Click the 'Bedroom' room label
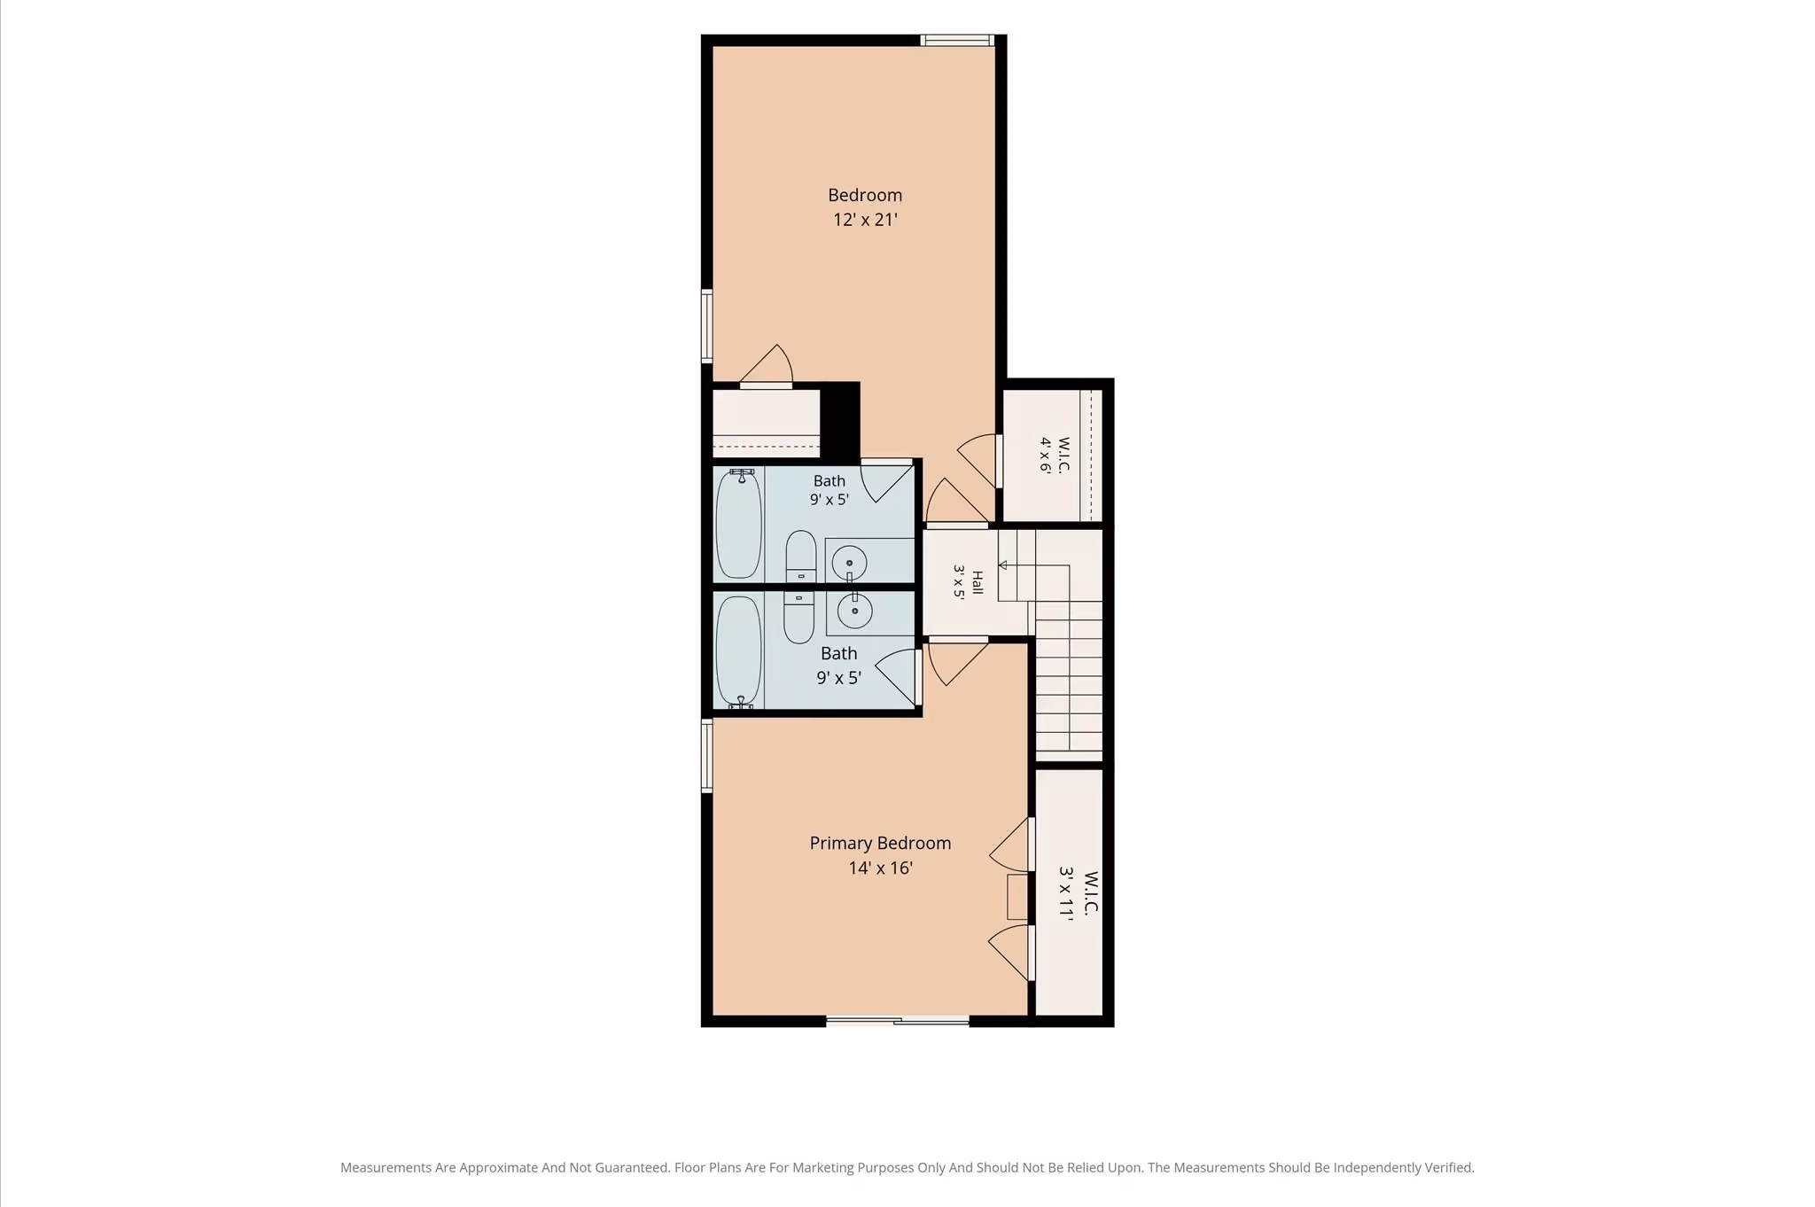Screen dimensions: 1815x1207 pyautogui.click(x=865, y=195)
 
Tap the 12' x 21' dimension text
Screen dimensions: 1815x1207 pyautogui.click(x=865, y=219)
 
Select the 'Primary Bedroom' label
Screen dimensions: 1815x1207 pyautogui.click(x=880, y=843)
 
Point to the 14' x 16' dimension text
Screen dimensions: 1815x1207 pyautogui.click(x=880, y=868)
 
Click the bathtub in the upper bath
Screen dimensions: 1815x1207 pyautogui.click(x=738, y=524)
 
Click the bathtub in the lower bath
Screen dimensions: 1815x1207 pyautogui.click(x=738, y=652)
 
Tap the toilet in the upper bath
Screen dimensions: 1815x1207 pyautogui.click(x=801, y=557)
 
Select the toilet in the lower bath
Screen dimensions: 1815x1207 pyautogui.click(x=798, y=617)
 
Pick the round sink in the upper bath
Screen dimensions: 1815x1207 pyautogui.click(x=849, y=563)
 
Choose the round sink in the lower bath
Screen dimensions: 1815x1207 pyautogui.click(x=854, y=611)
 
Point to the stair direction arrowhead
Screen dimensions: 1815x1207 pyautogui.click(x=1003, y=565)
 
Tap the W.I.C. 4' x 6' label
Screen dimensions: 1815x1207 pyautogui.click(x=1055, y=455)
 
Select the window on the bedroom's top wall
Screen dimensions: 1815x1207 pyautogui.click(x=956, y=40)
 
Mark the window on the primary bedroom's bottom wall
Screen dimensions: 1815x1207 pyautogui.click(x=898, y=1021)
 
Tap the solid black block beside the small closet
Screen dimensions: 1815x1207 pyautogui.click(x=840, y=422)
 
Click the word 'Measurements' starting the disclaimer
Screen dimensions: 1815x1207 pyautogui.click(x=386, y=1168)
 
